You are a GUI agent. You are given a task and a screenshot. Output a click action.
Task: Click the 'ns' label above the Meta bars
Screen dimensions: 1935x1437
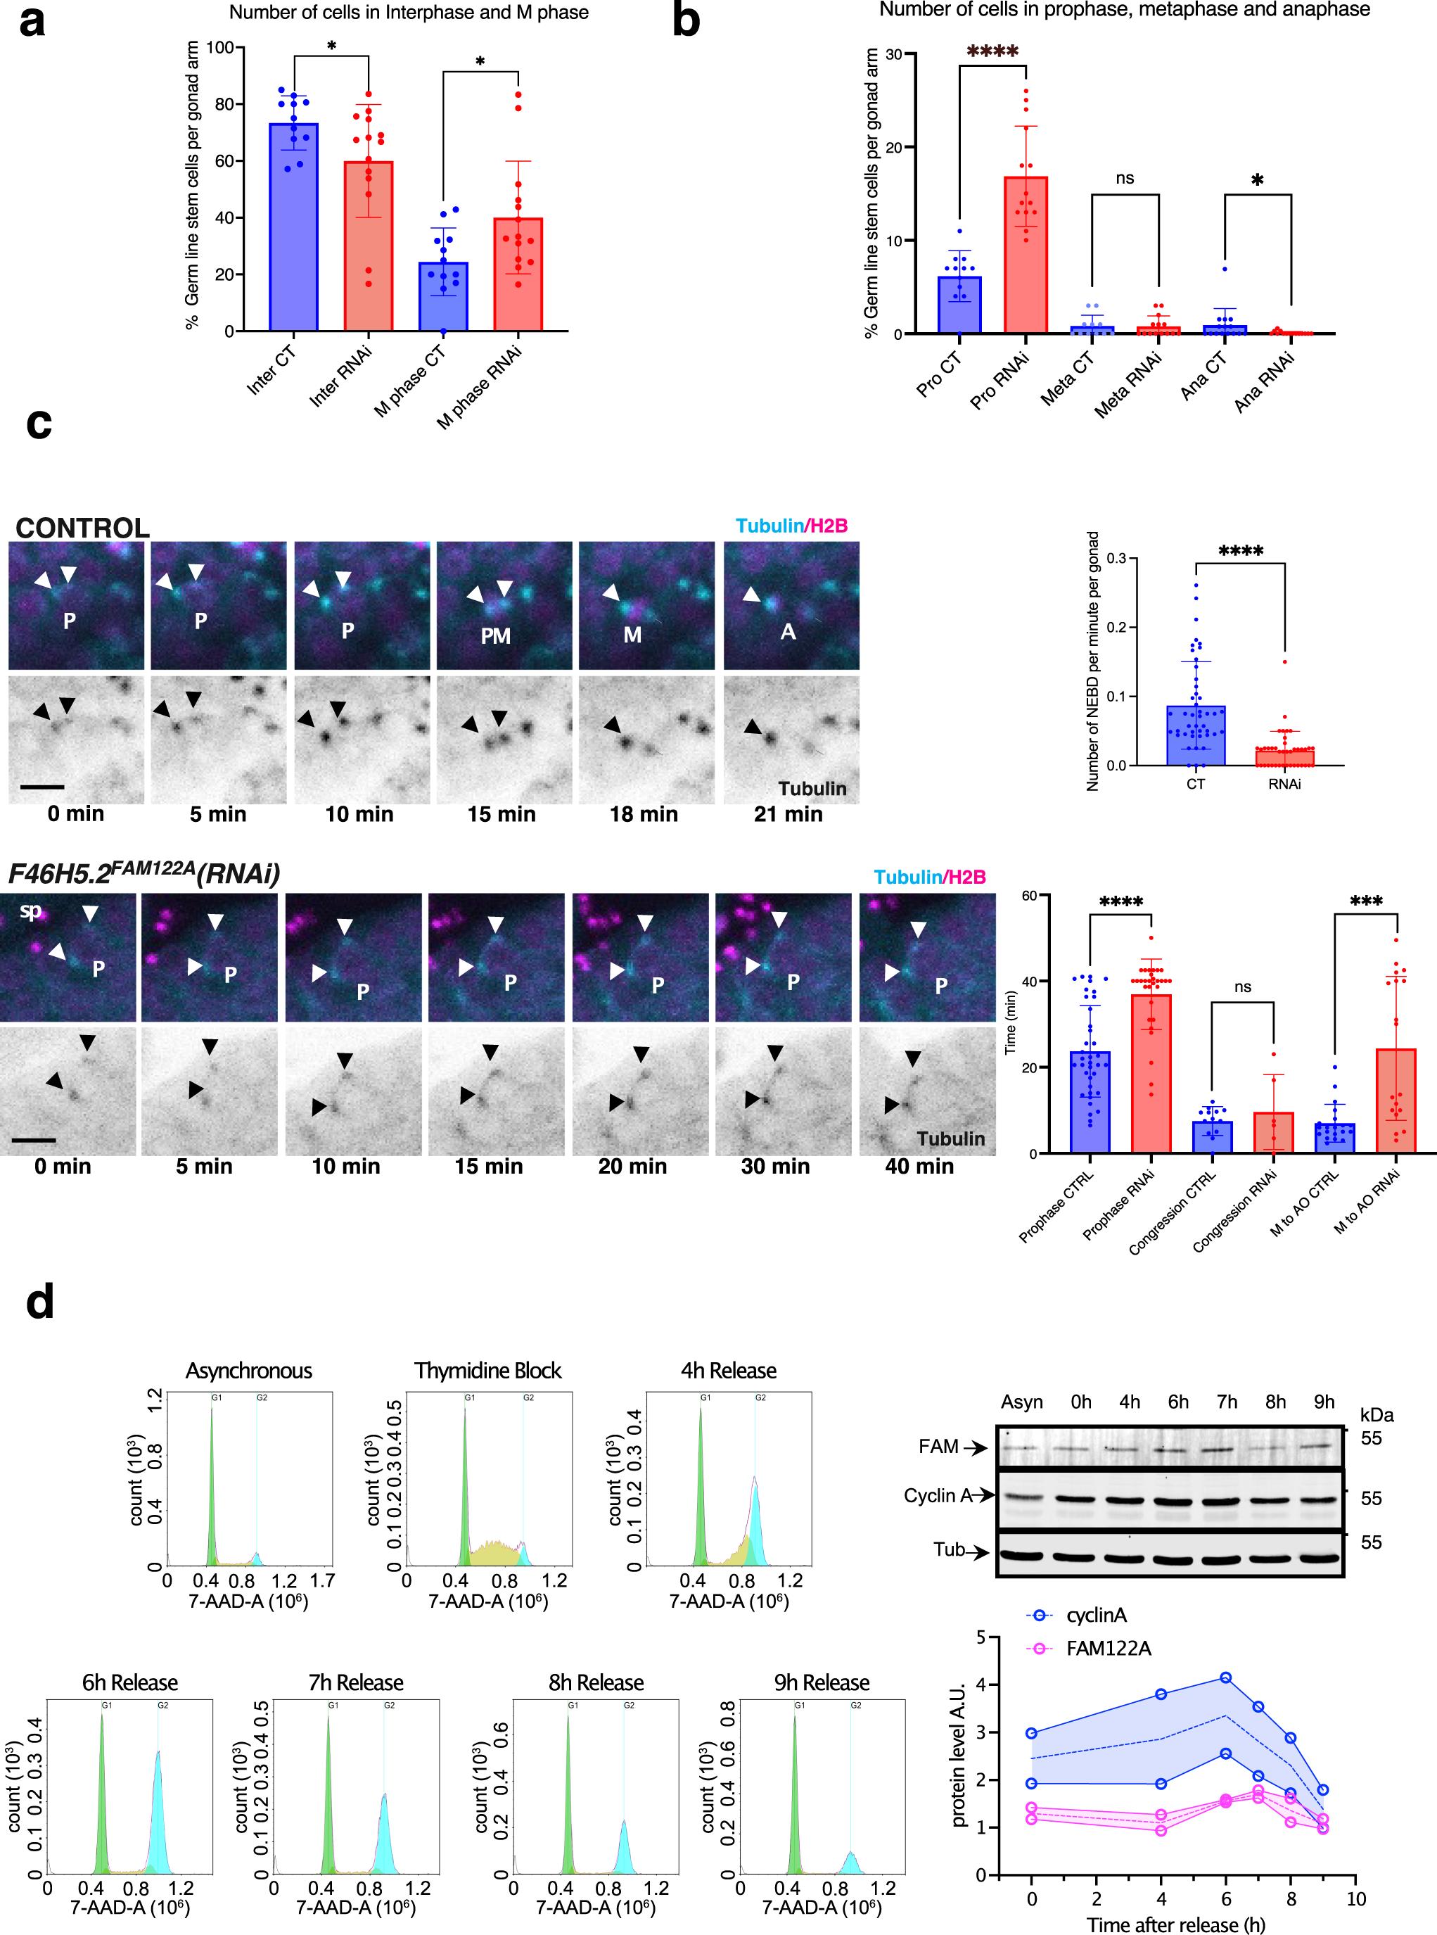point(1125,178)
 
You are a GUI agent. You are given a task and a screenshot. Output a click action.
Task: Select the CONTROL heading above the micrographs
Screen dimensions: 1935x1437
point(82,528)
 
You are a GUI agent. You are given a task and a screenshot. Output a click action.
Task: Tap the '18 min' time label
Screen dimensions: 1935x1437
point(644,814)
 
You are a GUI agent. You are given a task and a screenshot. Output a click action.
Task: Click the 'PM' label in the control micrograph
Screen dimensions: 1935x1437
point(496,636)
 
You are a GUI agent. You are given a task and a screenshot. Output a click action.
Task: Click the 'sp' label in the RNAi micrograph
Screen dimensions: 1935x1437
point(30,912)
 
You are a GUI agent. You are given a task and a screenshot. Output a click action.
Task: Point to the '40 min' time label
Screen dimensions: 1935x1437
point(919,1167)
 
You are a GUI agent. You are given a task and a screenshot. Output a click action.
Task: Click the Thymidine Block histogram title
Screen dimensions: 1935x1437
point(488,1371)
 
